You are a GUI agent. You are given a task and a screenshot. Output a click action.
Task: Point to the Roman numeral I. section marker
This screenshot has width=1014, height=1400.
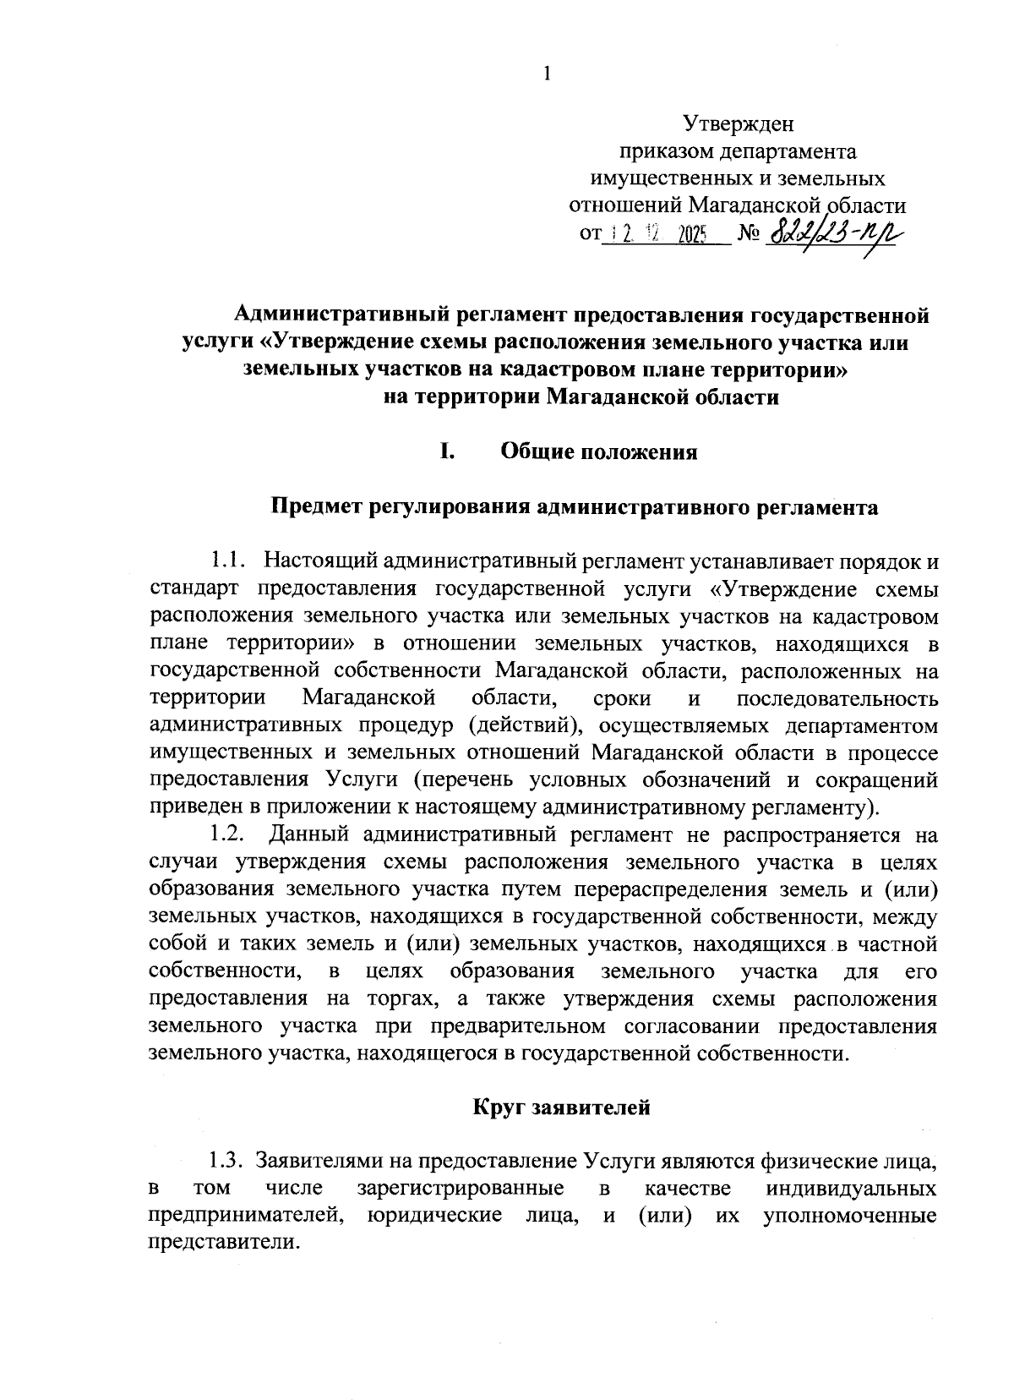tap(447, 451)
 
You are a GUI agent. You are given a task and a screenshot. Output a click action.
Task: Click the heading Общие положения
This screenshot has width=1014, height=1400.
tap(599, 451)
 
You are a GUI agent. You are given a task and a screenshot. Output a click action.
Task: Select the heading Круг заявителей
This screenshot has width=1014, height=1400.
tap(561, 1107)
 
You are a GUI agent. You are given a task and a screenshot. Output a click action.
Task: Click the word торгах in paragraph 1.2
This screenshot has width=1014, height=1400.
tap(401, 998)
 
